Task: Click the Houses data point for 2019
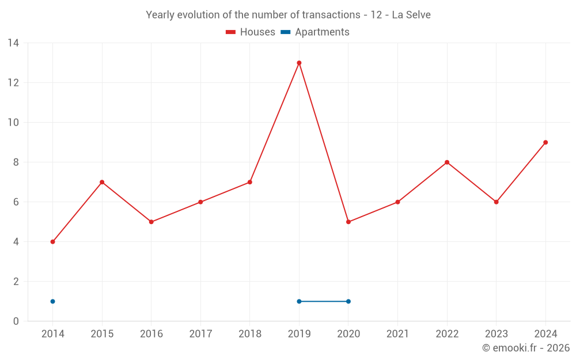(299, 63)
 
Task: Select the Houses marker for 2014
(52, 242)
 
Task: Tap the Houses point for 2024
(545, 142)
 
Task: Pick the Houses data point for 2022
(447, 162)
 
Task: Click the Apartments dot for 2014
(52, 301)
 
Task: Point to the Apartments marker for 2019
(299, 301)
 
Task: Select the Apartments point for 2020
(348, 301)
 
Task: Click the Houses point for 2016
(151, 222)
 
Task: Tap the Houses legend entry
(251, 32)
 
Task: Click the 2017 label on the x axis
(200, 334)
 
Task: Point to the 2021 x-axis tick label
(397, 334)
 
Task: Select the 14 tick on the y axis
(13, 43)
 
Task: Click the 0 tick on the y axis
(16, 321)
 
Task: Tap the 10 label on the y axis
(13, 123)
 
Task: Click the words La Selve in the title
(411, 15)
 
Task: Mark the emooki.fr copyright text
(525, 348)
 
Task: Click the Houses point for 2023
(496, 202)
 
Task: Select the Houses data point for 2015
(102, 182)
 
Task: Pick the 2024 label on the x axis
(545, 334)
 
